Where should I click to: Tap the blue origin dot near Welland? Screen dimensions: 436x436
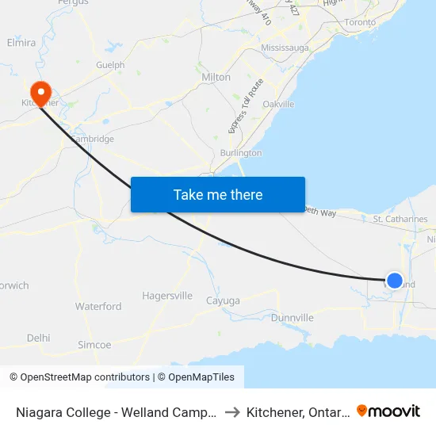394,280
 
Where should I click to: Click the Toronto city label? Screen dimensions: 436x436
361,22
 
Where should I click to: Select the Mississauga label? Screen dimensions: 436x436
285,48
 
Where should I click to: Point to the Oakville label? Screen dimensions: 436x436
278,104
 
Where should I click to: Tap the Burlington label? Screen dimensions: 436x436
241,152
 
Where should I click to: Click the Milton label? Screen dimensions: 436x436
216,78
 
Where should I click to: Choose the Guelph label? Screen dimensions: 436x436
110,65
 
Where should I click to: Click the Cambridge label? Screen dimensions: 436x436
93,139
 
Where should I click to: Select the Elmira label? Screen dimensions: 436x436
21,42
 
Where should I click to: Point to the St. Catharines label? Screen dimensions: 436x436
400,219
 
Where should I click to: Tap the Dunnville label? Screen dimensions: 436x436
293,318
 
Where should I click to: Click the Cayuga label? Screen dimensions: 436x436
222,300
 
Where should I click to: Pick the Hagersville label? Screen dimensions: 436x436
167,296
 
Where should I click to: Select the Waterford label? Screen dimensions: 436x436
98,306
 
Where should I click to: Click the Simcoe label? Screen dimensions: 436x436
94,345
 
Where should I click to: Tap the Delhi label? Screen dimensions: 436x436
38,338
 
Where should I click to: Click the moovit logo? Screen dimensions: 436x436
388,411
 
